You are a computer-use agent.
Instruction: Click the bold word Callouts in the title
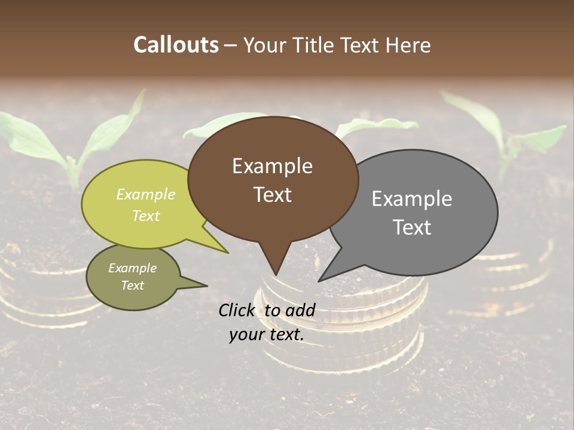click(176, 45)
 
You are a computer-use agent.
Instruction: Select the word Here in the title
click(407, 45)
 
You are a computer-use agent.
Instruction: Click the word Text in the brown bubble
click(272, 195)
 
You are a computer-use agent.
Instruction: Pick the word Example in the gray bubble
click(412, 198)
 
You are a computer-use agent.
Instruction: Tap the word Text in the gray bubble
click(412, 228)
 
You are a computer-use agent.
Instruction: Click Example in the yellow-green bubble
click(145, 194)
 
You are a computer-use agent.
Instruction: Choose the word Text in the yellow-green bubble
click(145, 216)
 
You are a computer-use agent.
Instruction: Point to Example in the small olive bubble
click(132, 268)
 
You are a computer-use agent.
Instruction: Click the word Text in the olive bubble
click(132, 285)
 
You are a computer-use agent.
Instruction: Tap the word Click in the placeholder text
click(237, 310)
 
